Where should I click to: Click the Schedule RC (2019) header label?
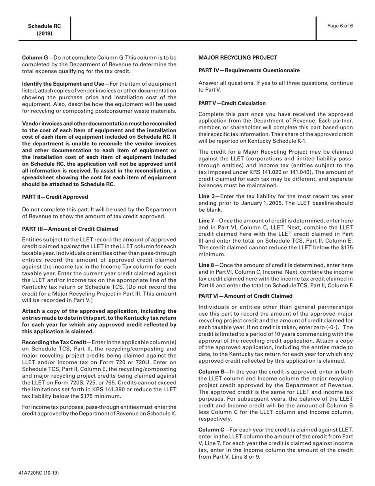tap(44, 30)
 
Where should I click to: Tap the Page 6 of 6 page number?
tap(340, 26)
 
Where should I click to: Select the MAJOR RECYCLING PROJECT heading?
tap(238, 58)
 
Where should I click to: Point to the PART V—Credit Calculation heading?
tap(232, 103)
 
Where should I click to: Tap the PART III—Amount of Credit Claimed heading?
tap(70, 229)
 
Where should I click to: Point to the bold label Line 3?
tap(206, 196)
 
